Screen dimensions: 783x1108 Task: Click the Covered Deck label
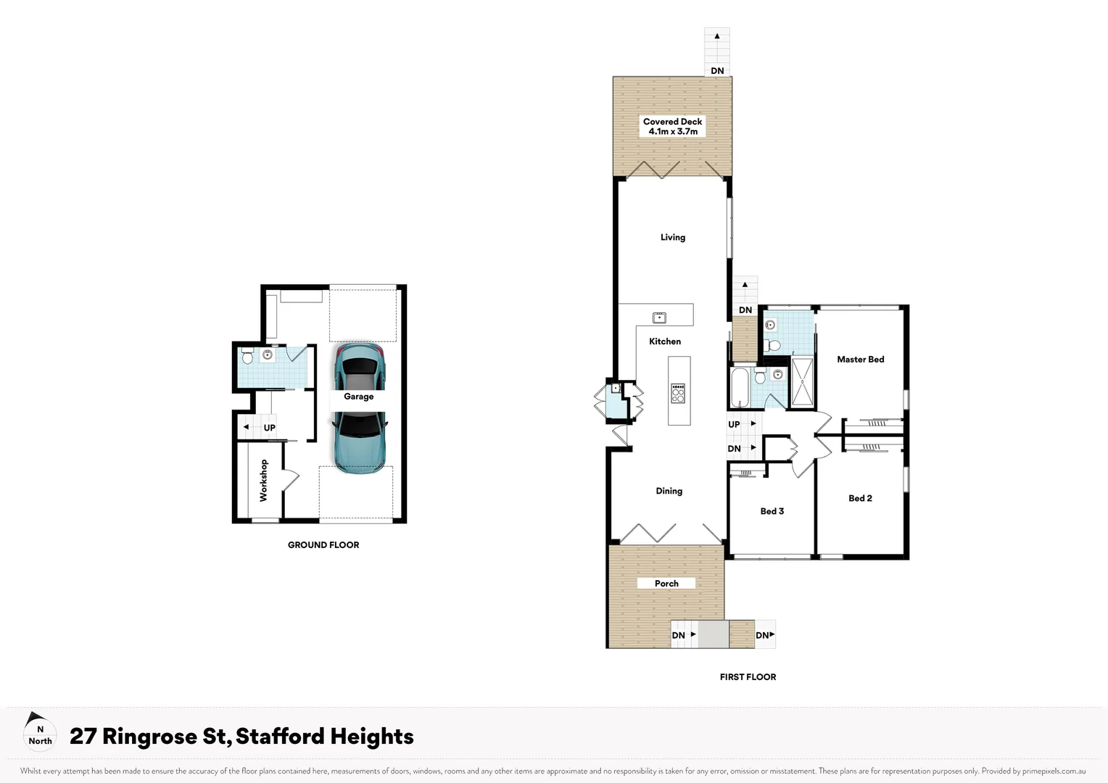[672, 122]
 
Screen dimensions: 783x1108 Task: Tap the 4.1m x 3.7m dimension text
[673, 132]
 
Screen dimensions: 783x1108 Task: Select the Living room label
[672, 237]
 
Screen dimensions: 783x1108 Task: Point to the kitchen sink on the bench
[659, 318]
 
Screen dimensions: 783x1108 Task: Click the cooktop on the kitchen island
[678, 393]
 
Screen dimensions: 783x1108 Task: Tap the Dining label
[669, 491]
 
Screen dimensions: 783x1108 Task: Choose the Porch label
[666, 584]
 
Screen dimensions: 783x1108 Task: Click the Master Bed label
[860, 360]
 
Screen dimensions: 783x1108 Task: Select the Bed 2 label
[860, 498]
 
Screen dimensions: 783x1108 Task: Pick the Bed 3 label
[772, 511]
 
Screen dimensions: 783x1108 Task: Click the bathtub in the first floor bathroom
[740, 388]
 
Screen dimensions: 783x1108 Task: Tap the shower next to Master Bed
[802, 381]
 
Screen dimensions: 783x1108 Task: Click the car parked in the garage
[359, 408]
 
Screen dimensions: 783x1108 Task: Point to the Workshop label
[263, 481]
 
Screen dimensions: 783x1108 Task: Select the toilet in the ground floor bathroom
[247, 357]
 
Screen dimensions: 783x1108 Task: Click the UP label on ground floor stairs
[269, 428]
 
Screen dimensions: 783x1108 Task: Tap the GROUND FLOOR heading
[323, 545]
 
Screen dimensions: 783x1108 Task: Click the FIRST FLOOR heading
[748, 677]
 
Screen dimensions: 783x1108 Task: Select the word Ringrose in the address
[149, 737]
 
